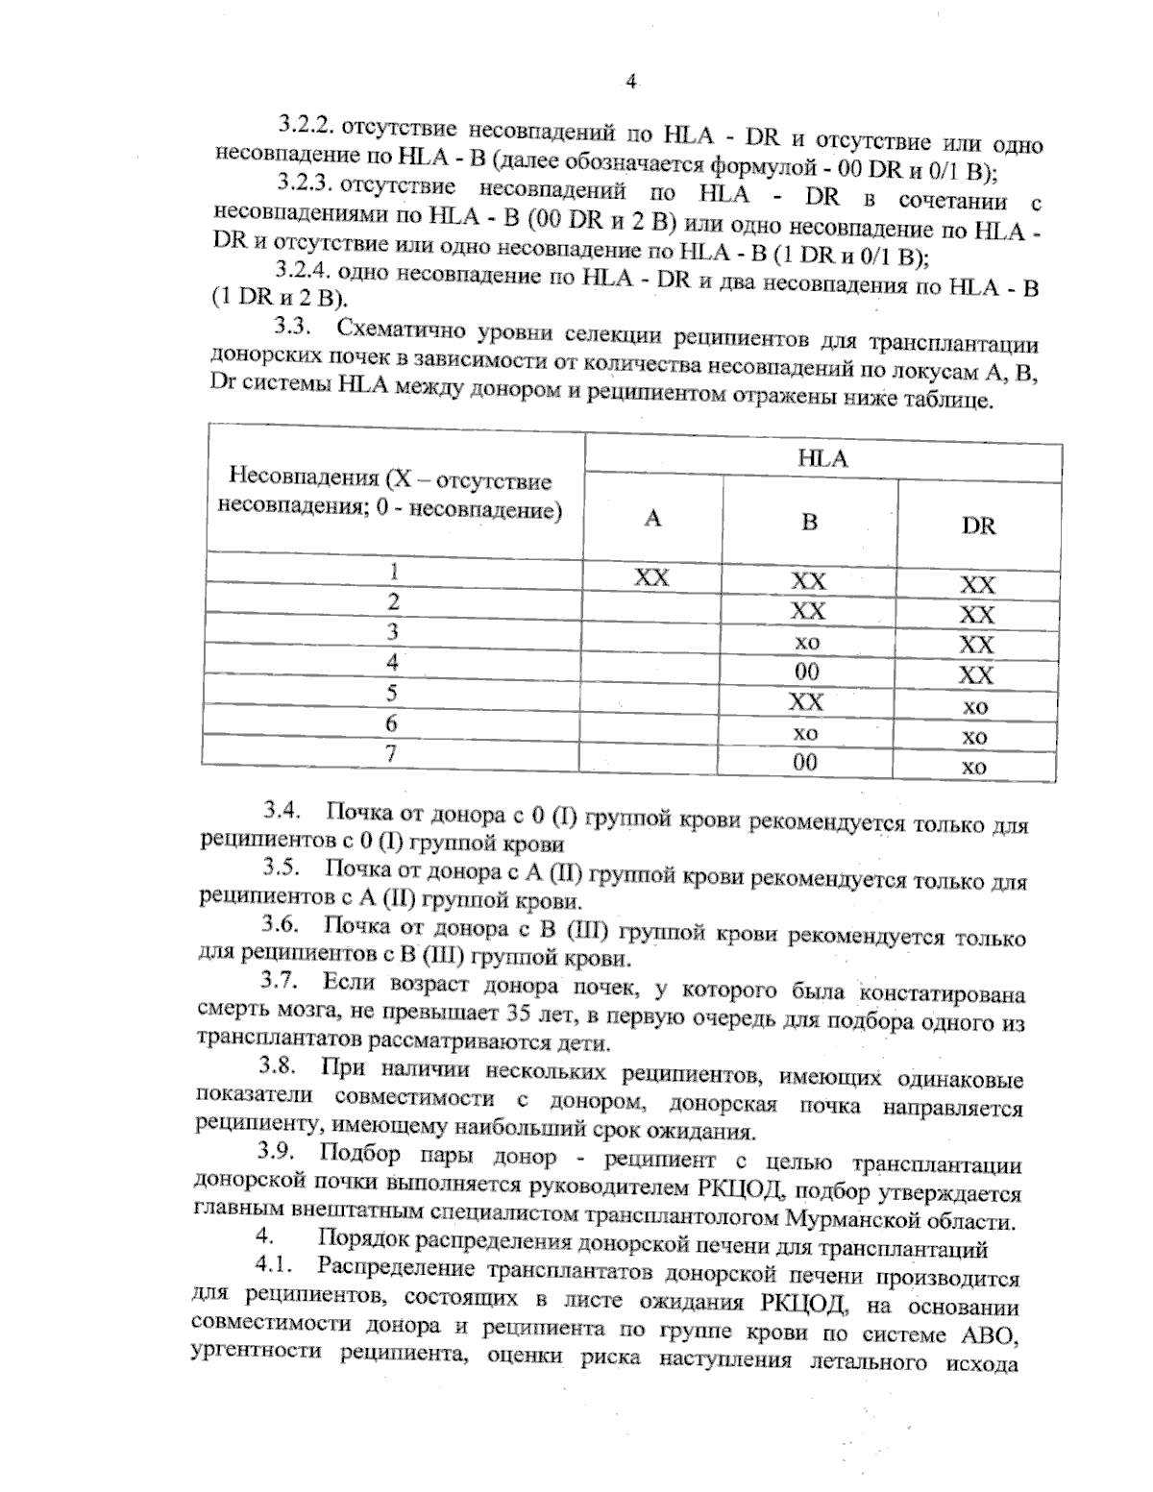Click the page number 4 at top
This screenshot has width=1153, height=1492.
631,82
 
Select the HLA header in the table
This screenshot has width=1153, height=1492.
822,459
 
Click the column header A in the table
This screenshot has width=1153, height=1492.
652,519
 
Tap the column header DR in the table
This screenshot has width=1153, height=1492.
978,526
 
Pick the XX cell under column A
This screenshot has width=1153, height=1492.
651,577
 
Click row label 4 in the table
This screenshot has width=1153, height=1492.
392,662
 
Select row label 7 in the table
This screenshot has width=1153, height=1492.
391,753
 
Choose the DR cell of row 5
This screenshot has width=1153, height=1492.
975,707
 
